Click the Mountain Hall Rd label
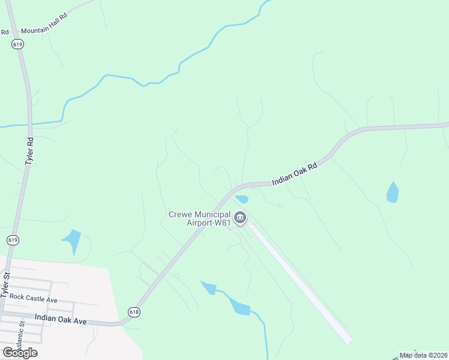[x=43, y=30]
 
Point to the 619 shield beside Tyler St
[x=13, y=240]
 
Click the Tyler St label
[x=6, y=285]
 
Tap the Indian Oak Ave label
[x=61, y=321]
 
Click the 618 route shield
[x=134, y=311]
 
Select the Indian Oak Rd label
[x=294, y=173]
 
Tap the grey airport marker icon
[x=240, y=218]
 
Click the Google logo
[x=20, y=352]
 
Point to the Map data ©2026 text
[x=423, y=355]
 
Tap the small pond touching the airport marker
[x=242, y=199]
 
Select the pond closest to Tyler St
[x=72, y=242]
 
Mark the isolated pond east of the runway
[x=393, y=192]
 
